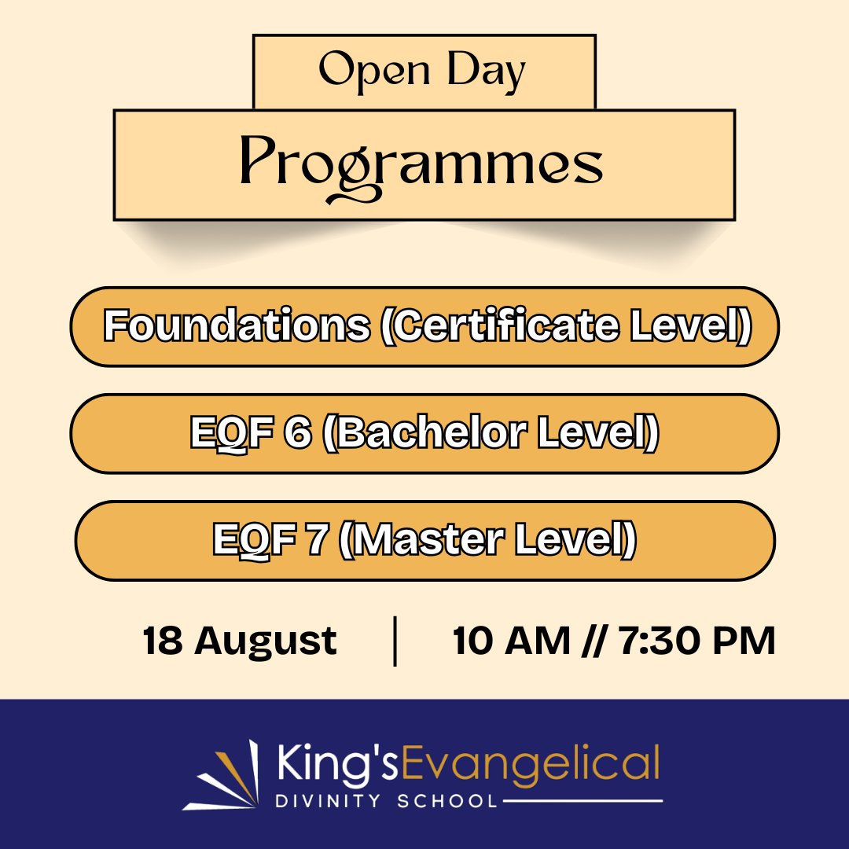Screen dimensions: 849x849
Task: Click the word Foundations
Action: coord(237,326)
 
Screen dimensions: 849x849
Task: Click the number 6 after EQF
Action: coord(297,433)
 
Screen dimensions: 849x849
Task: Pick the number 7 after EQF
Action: coord(318,540)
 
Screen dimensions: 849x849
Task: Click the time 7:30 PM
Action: coord(696,641)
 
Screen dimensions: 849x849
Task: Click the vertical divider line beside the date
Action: coord(394,641)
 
